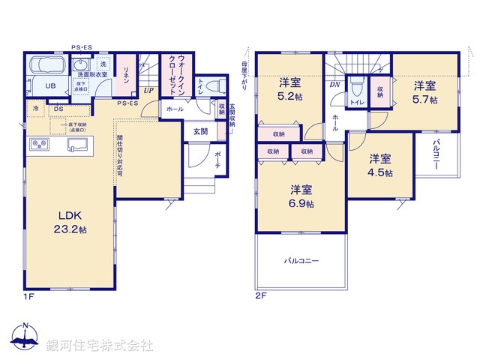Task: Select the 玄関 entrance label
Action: coord(200,131)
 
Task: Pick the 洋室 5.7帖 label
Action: coord(424,91)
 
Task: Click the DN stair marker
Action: coord(334,85)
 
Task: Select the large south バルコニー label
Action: coord(301,262)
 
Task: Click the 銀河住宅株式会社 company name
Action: coord(99,346)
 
